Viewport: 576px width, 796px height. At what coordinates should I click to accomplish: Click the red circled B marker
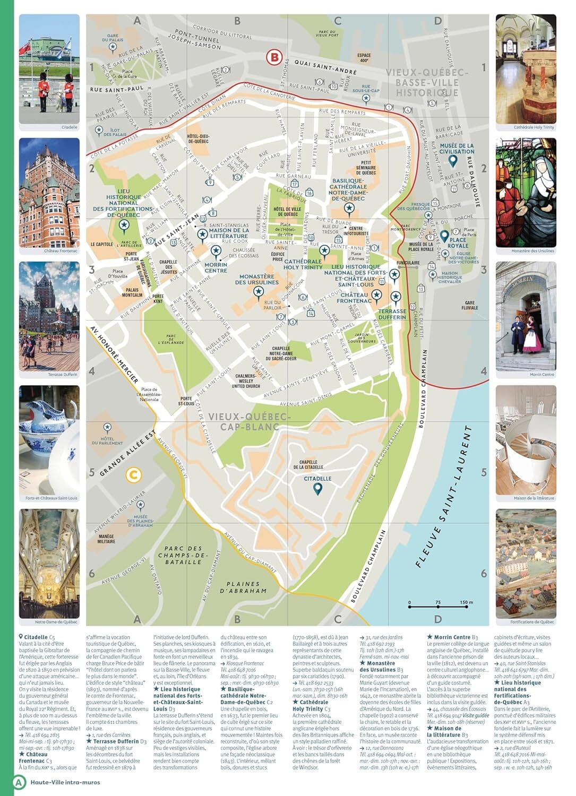point(274,57)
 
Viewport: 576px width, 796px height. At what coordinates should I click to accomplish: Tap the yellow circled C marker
point(133,475)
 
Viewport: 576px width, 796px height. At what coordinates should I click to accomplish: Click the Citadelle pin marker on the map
point(317,489)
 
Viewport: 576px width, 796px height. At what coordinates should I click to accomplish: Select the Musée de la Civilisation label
point(457,148)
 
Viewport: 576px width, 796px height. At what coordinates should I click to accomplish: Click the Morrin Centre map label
point(216,267)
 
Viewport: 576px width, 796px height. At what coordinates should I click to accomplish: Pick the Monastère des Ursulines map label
point(257,280)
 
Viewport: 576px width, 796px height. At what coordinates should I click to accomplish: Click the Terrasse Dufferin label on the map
point(392,314)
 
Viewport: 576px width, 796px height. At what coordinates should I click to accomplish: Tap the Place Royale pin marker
point(445,236)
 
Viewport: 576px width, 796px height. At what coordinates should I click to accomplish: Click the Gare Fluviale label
point(470,305)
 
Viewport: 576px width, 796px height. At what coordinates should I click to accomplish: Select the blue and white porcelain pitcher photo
point(49,440)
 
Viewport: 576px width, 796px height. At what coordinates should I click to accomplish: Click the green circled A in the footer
point(19,782)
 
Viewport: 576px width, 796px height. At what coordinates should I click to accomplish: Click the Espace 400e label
point(364,57)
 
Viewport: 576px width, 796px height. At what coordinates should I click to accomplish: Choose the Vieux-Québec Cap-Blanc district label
point(250,421)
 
